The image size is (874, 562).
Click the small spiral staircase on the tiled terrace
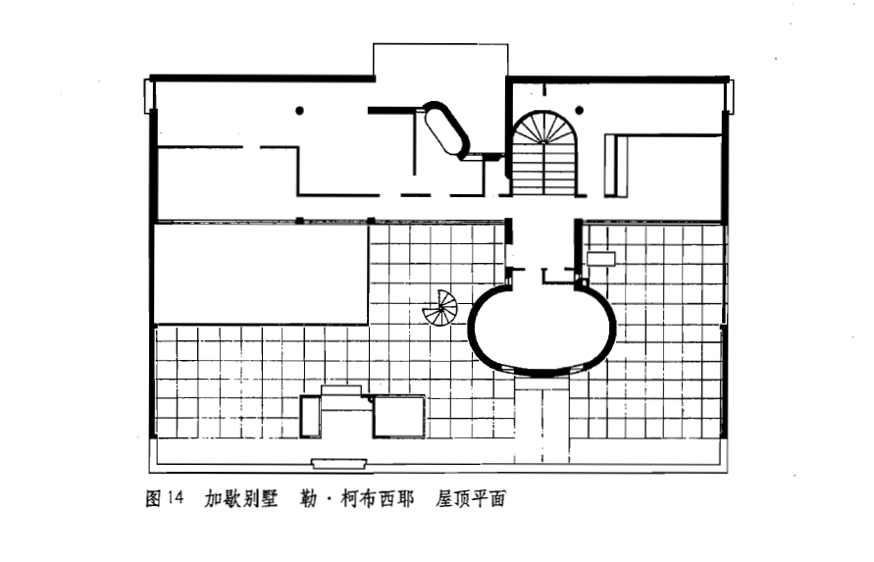440,308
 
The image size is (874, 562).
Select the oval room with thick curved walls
541,327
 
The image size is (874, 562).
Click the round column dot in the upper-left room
299,110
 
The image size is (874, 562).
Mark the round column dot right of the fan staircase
579,110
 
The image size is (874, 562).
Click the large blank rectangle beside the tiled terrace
261,274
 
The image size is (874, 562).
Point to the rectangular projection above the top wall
439,60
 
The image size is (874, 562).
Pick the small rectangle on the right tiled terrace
600,259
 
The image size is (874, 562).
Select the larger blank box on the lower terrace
399,416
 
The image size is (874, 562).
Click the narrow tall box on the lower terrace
310,416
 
